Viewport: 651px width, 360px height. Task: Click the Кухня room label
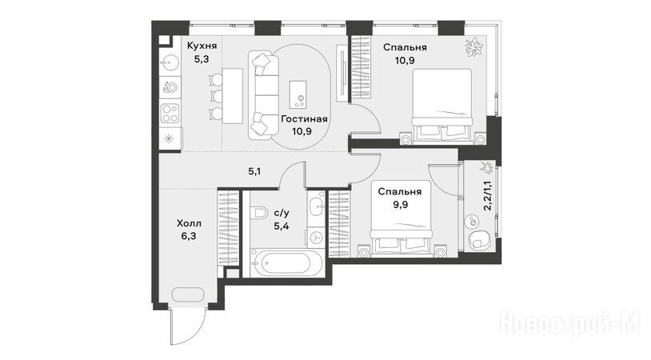pyautogui.click(x=202, y=46)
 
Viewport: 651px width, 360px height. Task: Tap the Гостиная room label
pyautogui.click(x=305, y=119)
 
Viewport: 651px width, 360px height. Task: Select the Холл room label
pyautogui.click(x=189, y=224)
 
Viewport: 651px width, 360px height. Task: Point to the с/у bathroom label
pyautogui.click(x=282, y=214)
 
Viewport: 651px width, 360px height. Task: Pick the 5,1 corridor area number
pyautogui.click(x=254, y=171)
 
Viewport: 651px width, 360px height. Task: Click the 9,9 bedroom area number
pyautogui.click(x=399, y=205)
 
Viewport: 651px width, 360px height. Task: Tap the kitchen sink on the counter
pyautogui.click(x=170, y=63)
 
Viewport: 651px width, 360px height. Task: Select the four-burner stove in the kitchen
pyautogui.click(x=170, y=114)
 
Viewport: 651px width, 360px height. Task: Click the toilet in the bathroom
pyautogui.click(x=259, y=214)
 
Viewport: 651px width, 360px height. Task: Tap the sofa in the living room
pyautogui.click(x=264, y=95)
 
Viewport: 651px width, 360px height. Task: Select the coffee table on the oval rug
pyautogui.click(x=298, y=95)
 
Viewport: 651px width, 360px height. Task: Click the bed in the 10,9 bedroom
pyautogui.click(x=441, y=106)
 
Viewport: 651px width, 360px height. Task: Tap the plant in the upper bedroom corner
pyautogui.click(x=473, y=47)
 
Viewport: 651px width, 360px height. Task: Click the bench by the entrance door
pyautogui.click(x=188, y=294)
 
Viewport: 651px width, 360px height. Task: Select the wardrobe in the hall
pyautogui.click(x=228, y=227)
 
